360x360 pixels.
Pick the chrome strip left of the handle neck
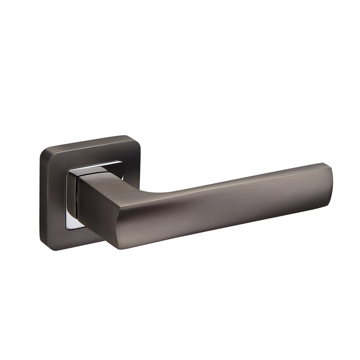[x=72, y=198]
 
